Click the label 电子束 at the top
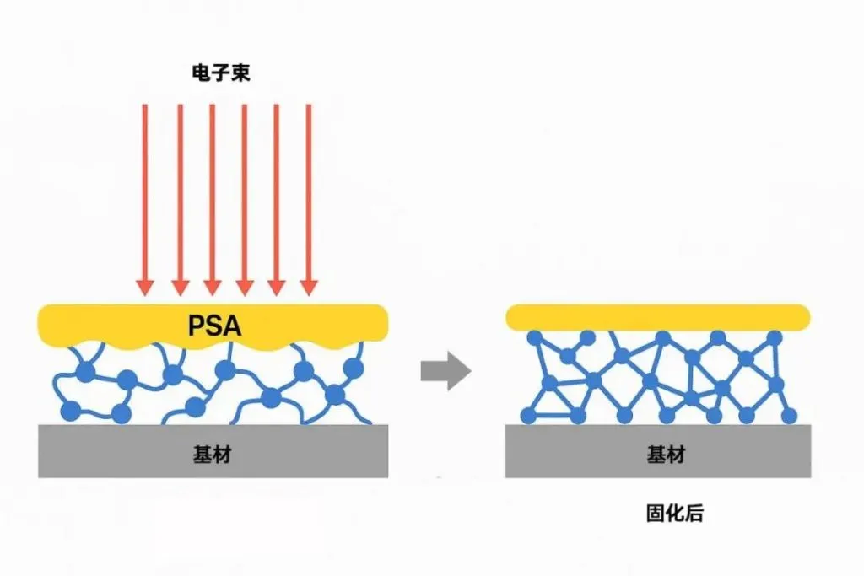(x=221, y=73)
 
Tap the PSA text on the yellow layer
(x=215, y=326)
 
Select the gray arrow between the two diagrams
(x=445, y=370)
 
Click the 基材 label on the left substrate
(x=212, y=455)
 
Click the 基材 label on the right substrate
(x=667, y=455)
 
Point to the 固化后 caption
(x=675, y=514)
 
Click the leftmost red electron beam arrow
(x=145, y=199)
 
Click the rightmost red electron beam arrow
(x=309, y=199)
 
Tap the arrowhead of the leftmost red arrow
(x=145, y=288)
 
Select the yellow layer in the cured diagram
(x=658, y=317)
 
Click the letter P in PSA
(x=197, y=326)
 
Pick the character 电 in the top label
(x=201, y=73)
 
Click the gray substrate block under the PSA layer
(x=213, y=451)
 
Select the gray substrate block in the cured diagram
(x=658, y=451)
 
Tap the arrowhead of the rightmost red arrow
(x=309, y=288)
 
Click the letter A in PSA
(x=233, y=326)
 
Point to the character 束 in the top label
(x=240, y=73)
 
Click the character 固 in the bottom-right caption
(x=656, y=514)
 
